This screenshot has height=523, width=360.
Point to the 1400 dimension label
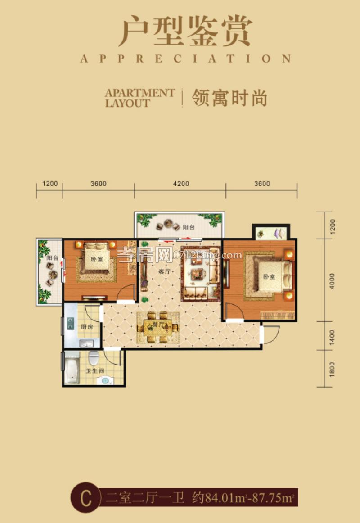coord(333,336)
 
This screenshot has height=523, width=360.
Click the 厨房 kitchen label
coord(87,327)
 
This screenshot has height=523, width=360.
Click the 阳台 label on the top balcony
coord(189,227)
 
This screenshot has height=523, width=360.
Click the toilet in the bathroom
coord(94,359)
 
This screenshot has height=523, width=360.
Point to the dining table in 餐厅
coord(158,327)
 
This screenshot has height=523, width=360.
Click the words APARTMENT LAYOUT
coord(140,98)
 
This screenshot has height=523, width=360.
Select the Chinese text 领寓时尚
coord(229,98)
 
